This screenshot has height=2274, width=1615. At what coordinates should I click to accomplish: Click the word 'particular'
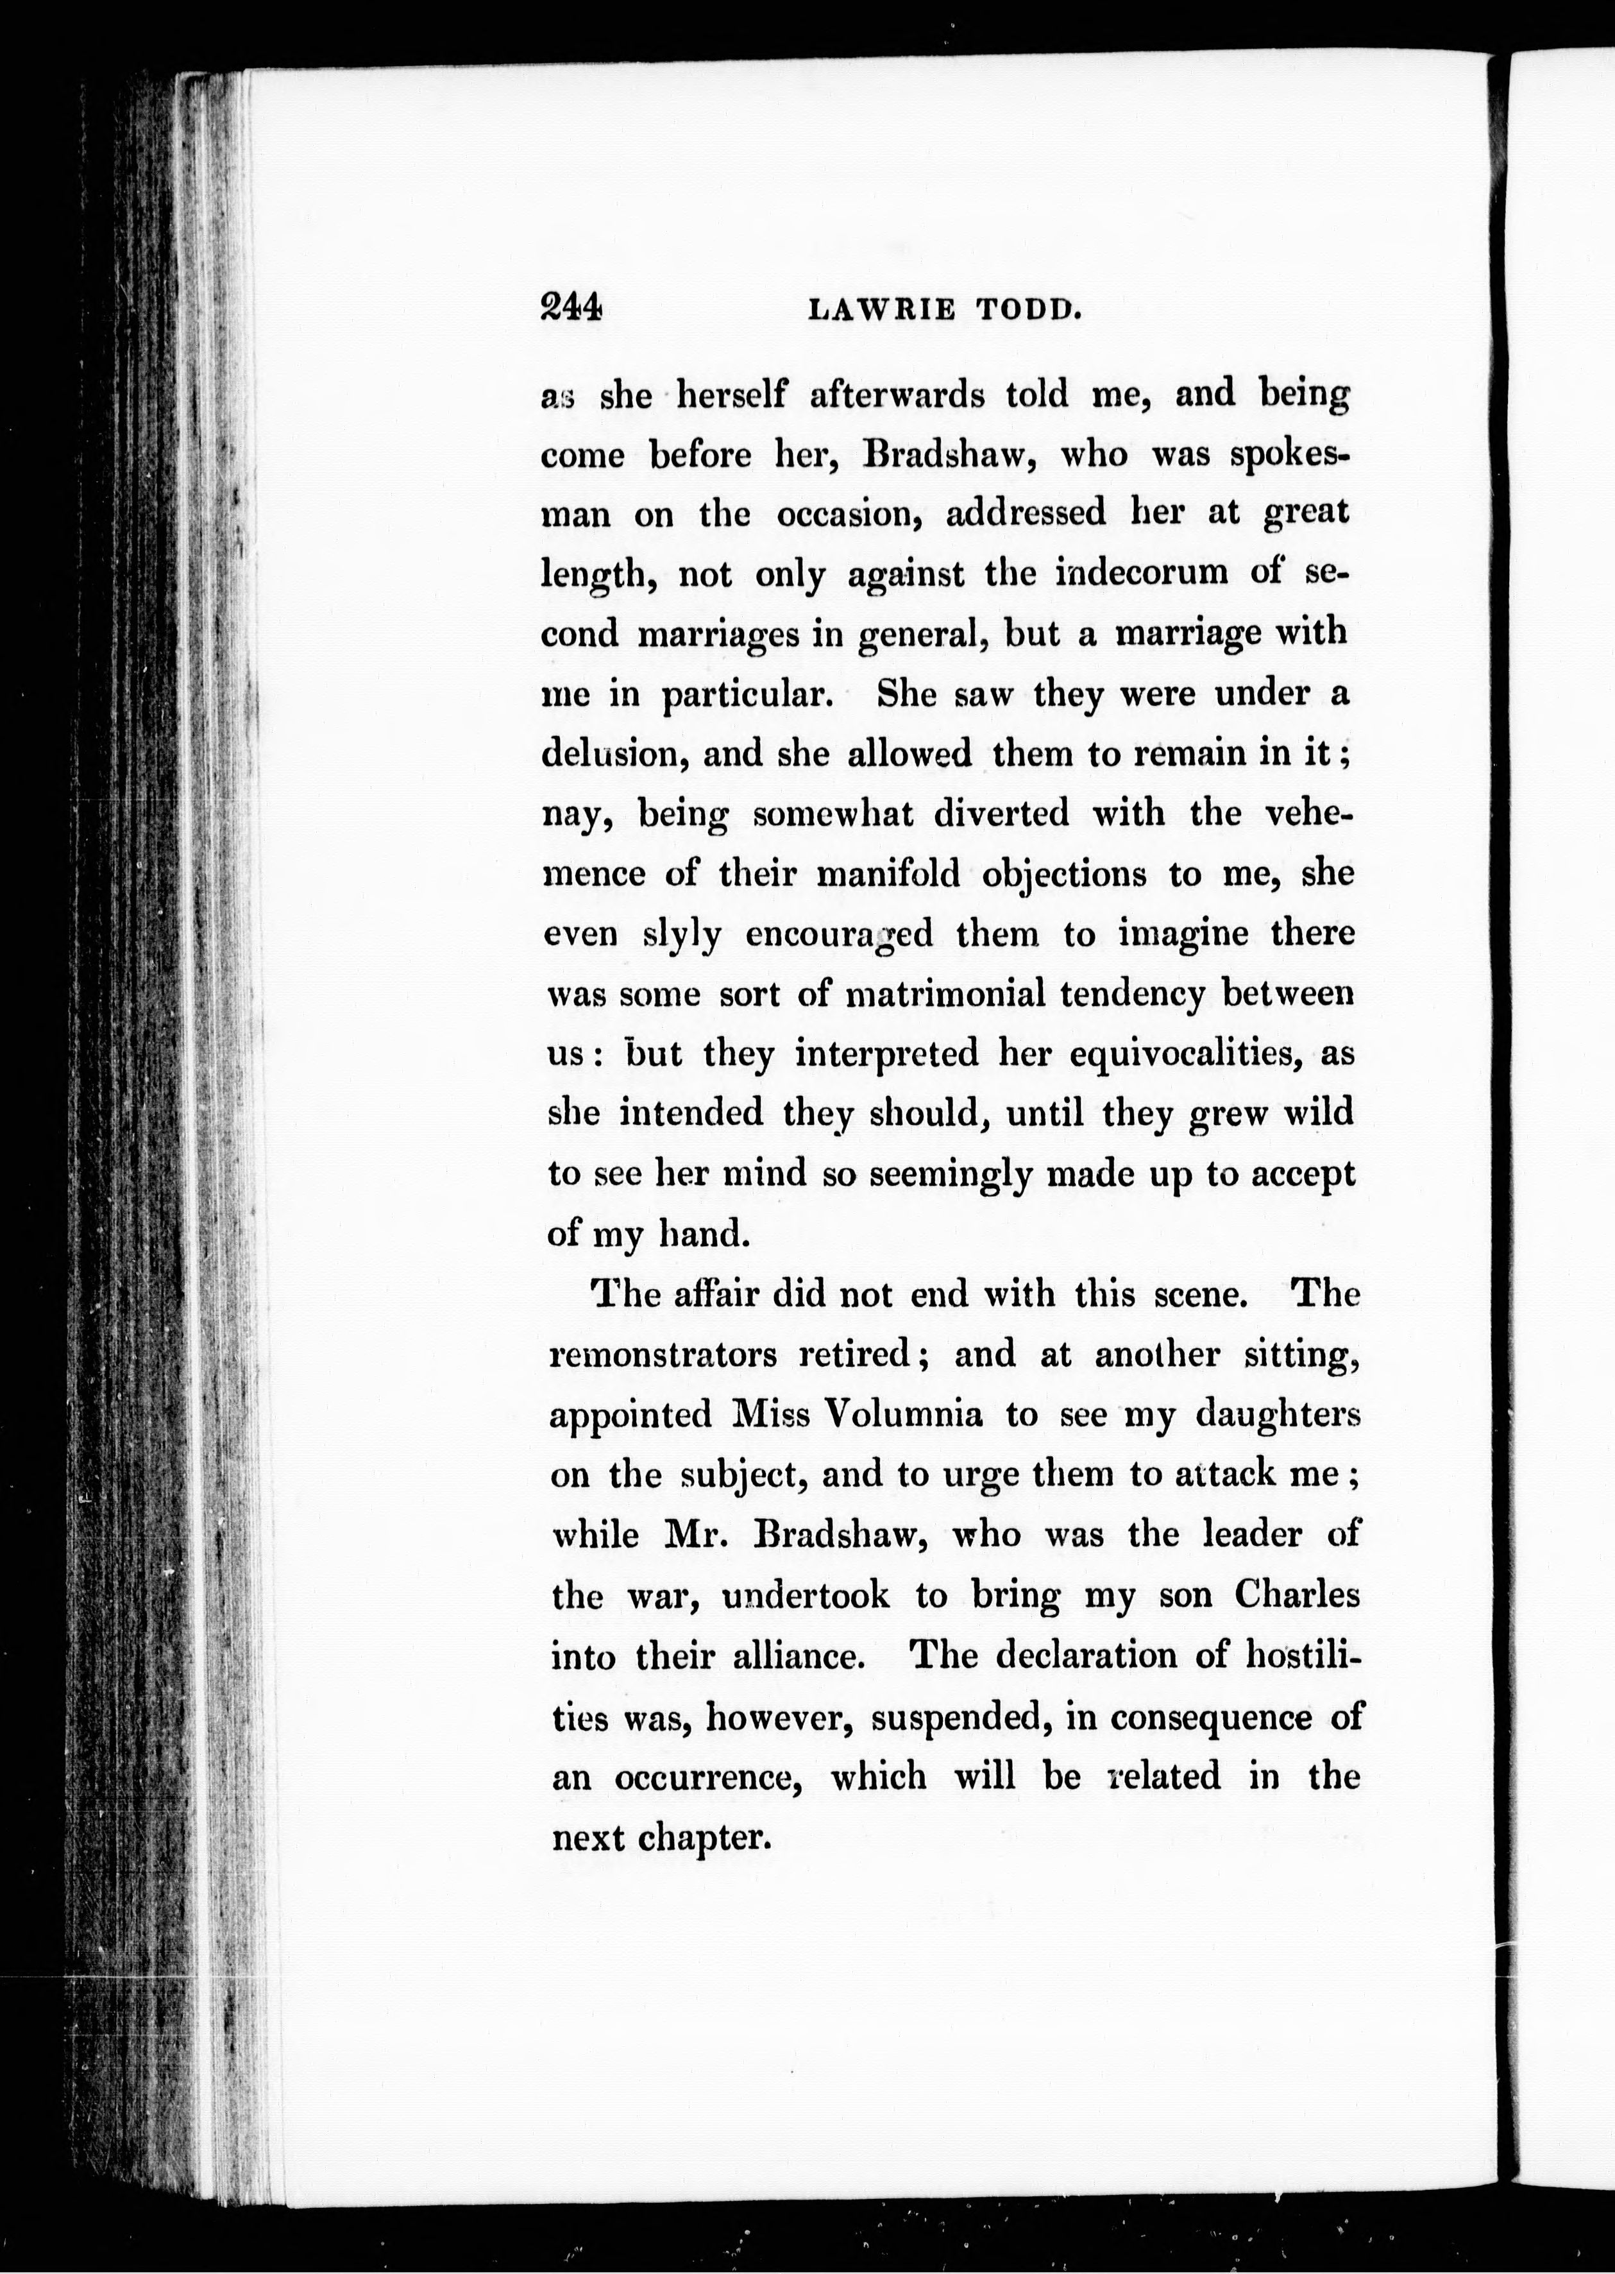747,694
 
